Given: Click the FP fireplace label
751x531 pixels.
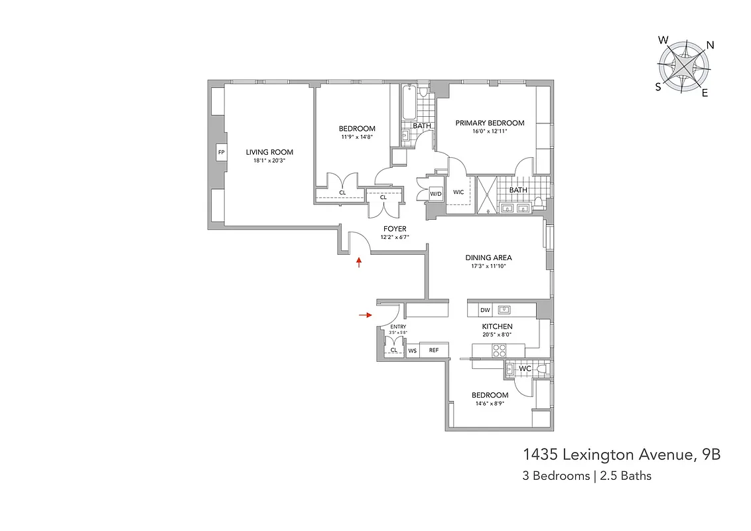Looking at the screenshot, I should click(x=221, y=153).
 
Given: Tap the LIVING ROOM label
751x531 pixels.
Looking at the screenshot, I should click(x=269, y=152).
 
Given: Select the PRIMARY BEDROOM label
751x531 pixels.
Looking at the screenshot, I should click(x=490, y=123).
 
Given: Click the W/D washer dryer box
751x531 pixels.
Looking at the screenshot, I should click(x=436, y=194).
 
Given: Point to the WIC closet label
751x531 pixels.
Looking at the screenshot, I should click(x=458, y=192).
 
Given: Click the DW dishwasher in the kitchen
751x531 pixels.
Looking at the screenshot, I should click(x=485, y=310).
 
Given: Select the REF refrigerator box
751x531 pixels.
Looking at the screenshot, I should click(x=434, y=350).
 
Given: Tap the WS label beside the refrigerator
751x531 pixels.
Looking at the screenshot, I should click(x=412, y=350).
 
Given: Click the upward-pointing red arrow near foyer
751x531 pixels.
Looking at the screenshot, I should click(x=360, y=263).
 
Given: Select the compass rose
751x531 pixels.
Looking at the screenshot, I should click(x=683, y=68).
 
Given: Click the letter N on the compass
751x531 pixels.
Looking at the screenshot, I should click(x=710, y=45).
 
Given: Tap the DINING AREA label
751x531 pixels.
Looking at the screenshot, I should click(x=488, y=258).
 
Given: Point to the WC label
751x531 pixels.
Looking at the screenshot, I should click(x=525, y=368).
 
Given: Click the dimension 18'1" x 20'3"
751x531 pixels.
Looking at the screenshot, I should click(x=269, y=161).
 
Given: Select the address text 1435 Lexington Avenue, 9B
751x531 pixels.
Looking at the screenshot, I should click(x=622, y=455).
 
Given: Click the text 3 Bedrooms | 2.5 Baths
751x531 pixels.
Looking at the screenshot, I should click(x=587, y=476).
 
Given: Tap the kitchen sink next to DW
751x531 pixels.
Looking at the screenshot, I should click(x=504, y=309).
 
